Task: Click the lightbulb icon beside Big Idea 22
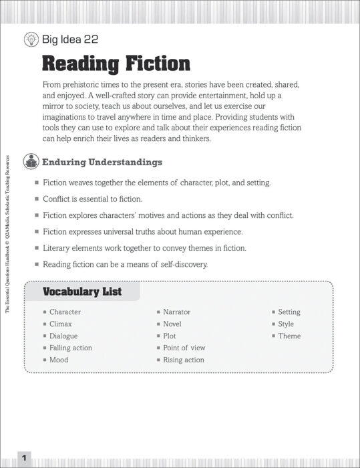coord(31,39)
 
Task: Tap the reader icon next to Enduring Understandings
coord(31,162)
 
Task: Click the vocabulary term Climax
coord(61,324)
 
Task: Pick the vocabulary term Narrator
coord(177,312)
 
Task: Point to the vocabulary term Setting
coord(289,312)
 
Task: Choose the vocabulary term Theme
coord(289,336)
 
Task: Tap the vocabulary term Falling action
coord(71,348)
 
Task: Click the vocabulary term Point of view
coord(184,348)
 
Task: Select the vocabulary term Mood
coord(59,360)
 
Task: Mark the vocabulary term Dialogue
coord(63,336)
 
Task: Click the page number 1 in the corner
coord(23,458)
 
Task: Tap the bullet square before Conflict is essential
coord(36,199)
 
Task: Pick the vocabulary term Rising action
coord(184,360)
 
